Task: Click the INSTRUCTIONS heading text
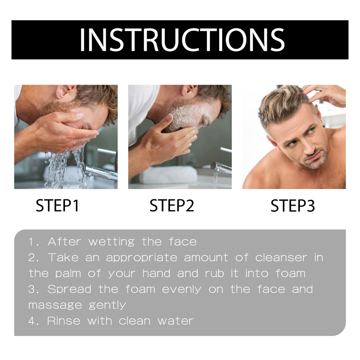[x=182, y=40]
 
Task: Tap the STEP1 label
[x=58, y=206]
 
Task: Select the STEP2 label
[x=172, y=206]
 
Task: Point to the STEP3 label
[x=292, y=206]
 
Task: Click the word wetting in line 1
[x=111, y=242]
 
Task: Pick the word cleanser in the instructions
[x=281, y=257]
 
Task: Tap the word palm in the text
[x=68, y=273]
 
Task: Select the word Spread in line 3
[x=69, y=289]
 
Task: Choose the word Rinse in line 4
[x=63, y=321]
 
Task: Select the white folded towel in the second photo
[x=168, y=175]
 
